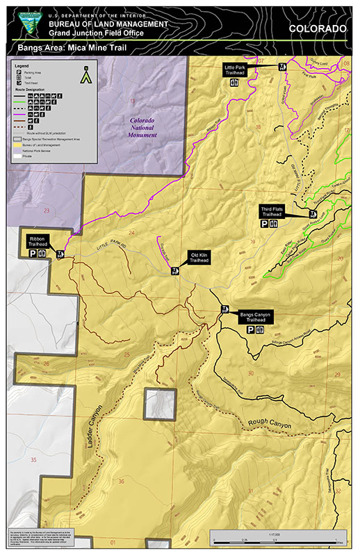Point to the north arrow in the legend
coord(86,74)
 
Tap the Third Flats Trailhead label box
coord(271,212)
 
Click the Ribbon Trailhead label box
coord(38,240)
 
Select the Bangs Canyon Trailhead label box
coord(256,316)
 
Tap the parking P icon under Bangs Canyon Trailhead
coord(250,331)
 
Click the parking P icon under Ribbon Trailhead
coord(33,255)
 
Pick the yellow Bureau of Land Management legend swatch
coord(19,144)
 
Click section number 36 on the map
coord(122,482)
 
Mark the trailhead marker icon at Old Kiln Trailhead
coord(176,272)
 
